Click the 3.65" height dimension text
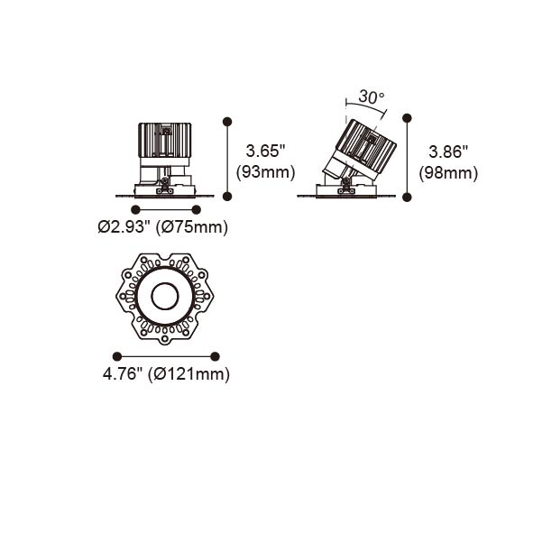[265, 151]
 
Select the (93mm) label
[265, 172]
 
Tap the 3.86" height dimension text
[448, 152]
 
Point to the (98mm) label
[448, 173]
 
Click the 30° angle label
[372, 97]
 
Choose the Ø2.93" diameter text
[124, 226]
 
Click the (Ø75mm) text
[192, 227]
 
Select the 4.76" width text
[122, 374]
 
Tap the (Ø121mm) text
[189, 374]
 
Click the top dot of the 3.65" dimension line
[227, 122]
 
